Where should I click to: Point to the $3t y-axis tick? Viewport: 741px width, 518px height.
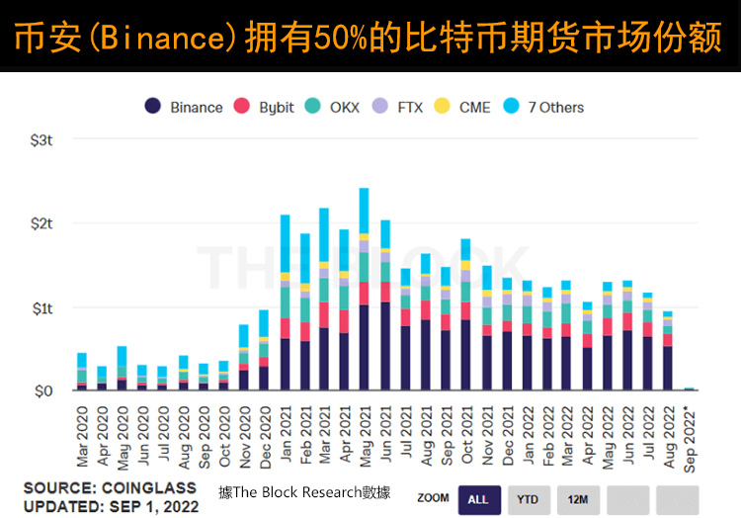click(41, 140)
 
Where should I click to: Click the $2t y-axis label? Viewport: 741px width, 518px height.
click(41, 224)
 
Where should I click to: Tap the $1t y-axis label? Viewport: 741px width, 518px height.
click(41, 307)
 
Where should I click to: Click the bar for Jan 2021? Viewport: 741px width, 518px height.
click(285, 302)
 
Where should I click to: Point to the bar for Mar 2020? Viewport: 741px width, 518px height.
click(82, 372)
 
